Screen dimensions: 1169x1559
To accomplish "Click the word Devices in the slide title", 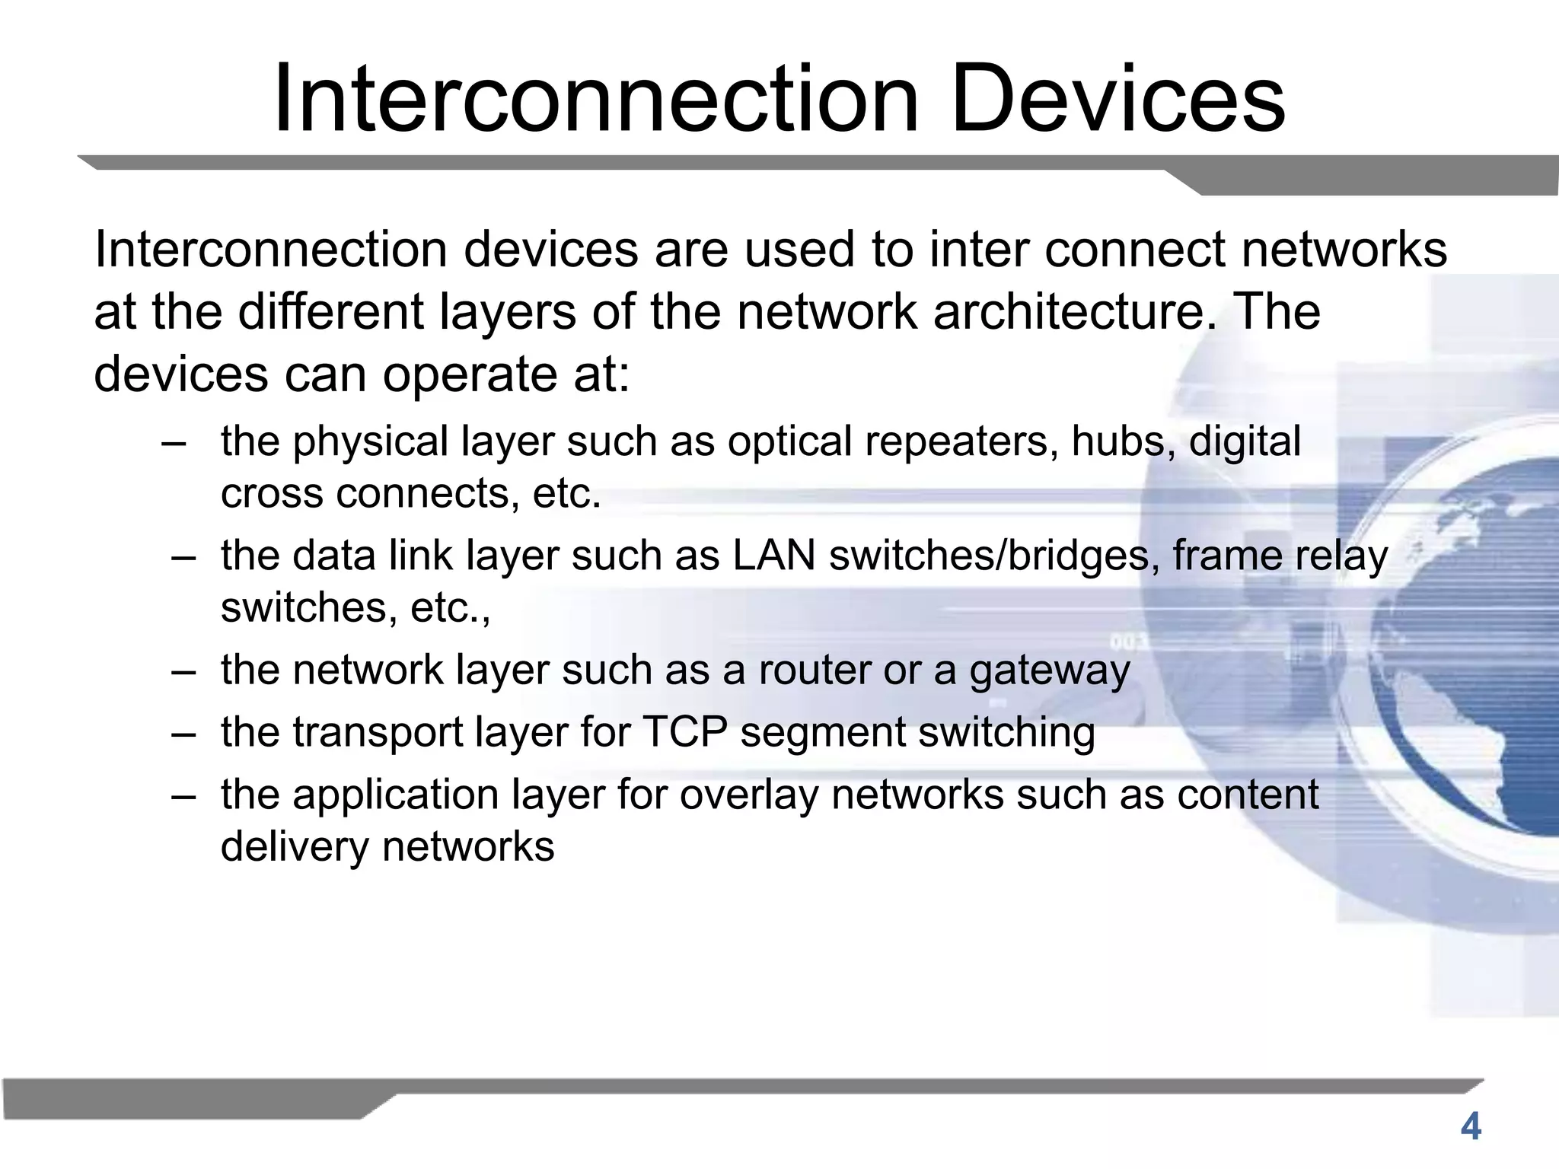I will click(x=1117, y=100).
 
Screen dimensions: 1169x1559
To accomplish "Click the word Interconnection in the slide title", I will click(x=596, y=100).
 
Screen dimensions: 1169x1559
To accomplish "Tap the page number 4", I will click(x=1471, y=1127).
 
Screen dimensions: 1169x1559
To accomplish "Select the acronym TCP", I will click(x=684, y=732).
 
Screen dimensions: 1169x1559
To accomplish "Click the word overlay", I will click(x=748, y=796).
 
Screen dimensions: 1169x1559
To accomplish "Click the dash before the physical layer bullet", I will click(x=174, y=443).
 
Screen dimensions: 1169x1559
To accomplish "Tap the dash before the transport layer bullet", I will click(x=184, y=734).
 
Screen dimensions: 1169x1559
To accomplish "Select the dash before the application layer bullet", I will click(x=184, y=796).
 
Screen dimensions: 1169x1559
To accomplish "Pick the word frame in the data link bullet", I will click(x=1216, y=556).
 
